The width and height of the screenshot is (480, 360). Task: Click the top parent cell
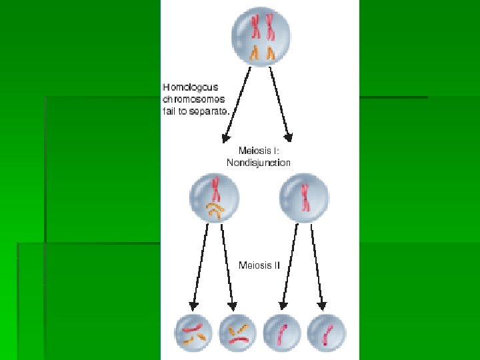point(261,35)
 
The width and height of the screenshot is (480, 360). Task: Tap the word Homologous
point(191,87)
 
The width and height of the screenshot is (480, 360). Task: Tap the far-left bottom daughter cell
point(193,333)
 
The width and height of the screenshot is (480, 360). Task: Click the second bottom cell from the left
point(236,333)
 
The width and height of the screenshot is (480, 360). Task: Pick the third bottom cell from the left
point(283,333)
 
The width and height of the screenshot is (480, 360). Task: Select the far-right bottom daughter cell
point(326,333)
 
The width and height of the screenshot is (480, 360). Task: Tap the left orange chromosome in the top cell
point(254,53)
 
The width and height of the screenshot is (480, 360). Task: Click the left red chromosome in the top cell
point(254,27)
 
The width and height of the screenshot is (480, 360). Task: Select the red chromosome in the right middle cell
point(305,198)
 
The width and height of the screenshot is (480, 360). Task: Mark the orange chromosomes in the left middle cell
point(215,211)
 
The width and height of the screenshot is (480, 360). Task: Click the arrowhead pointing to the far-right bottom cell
point(322,306)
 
